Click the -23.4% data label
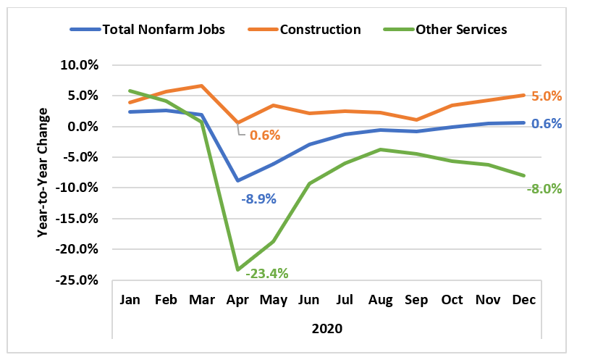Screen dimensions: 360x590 (x=267, y=273)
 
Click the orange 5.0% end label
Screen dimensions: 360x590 (x=547, y=96)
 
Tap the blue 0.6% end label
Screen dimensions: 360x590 (x=547, y=124)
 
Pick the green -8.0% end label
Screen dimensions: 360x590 (x=545, y=188)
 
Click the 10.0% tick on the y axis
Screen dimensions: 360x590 (x=79, y=65)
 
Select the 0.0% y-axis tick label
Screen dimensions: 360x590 (x=82, y=127)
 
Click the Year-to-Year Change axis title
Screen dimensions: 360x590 (x=43, y=172)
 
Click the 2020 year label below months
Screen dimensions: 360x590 (x=326, y=327)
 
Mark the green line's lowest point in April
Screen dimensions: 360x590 (x=237, y=269)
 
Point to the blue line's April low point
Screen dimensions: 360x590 (x=237, y=180)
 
